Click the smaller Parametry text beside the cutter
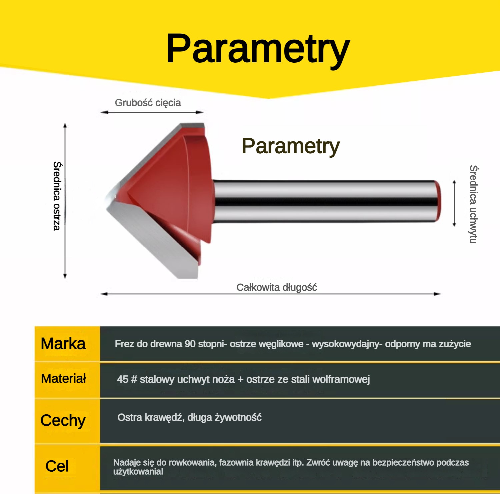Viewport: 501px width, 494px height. (x=291, y=146)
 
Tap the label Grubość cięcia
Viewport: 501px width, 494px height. (x=148, y=103)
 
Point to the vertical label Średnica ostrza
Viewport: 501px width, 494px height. (x=57, y=196)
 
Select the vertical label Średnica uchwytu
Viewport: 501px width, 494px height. (x=473, y=204)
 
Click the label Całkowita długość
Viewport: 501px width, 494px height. (x=277, y=287)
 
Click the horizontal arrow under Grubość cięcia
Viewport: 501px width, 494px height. (x=152, y=112)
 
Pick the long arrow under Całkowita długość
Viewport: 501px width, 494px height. (x=271, y=294)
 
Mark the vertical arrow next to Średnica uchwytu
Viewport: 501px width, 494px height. (x=454, y=204)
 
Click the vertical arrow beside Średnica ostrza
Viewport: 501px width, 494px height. (x=65, y=201)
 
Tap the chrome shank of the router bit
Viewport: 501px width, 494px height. (x=327, y=201)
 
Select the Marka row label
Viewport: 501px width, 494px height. (x=63, y=344)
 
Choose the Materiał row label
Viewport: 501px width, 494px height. (x=64, y=379)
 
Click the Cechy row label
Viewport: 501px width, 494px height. (x=63, y=420)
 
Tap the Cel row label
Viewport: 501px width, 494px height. (x=57, y=466)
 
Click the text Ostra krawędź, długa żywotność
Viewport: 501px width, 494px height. (x=189, y=418)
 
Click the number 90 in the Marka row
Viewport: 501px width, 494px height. (x=190, y=344)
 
